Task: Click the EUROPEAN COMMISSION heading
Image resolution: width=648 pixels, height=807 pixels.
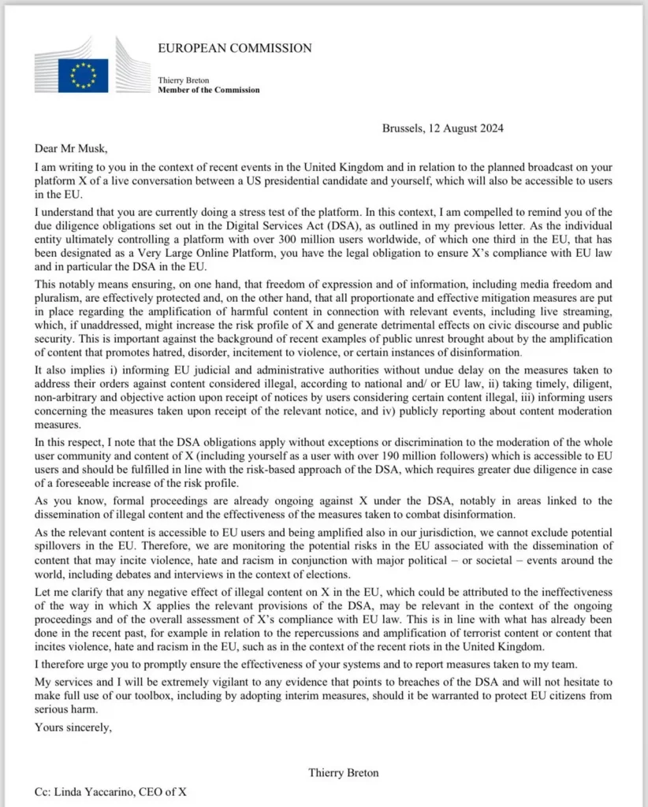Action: (235, 48)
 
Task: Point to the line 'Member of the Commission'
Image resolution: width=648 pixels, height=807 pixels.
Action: (209, 90)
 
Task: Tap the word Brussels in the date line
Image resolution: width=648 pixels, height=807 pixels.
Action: (402, 128)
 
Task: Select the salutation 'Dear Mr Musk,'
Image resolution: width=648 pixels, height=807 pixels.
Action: (71, 147)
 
